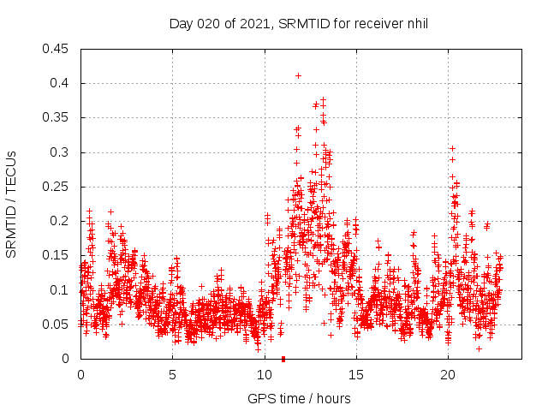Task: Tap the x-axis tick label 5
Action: [x=172, y=375]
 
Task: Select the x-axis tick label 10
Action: [x=264, y=375]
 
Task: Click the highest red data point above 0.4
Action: [x=298, y=75]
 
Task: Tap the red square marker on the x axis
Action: [x=283, y=359]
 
